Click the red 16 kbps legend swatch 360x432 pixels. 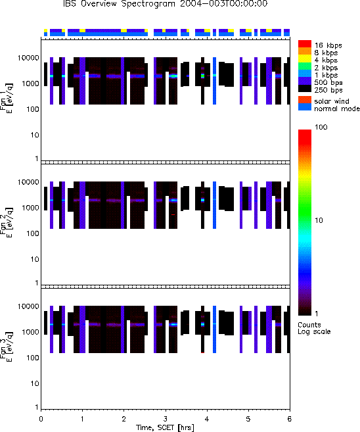pos(305,44)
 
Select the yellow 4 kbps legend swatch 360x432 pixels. pos(305,59)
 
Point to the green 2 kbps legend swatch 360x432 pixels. pos(305,66)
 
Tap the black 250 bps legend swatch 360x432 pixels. pos(305,89)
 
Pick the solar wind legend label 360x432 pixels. pos(332,101)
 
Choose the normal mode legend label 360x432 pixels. pos(337,108)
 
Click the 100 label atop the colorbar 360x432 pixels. pos(321,127)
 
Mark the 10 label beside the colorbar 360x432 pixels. pos(319,220)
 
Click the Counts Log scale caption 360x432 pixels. pos(314,328)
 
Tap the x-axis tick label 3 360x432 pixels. pos(165,420)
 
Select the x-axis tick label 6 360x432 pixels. pos(289,420)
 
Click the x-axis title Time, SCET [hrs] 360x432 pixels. pos(165,427)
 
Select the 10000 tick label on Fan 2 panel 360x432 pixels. pos(28,182)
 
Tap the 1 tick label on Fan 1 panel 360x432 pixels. pos(37,158)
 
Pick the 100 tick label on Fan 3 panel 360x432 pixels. pos(33,358)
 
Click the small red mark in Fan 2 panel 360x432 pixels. pos(173,214)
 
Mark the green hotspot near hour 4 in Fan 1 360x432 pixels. pos(203,76)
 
